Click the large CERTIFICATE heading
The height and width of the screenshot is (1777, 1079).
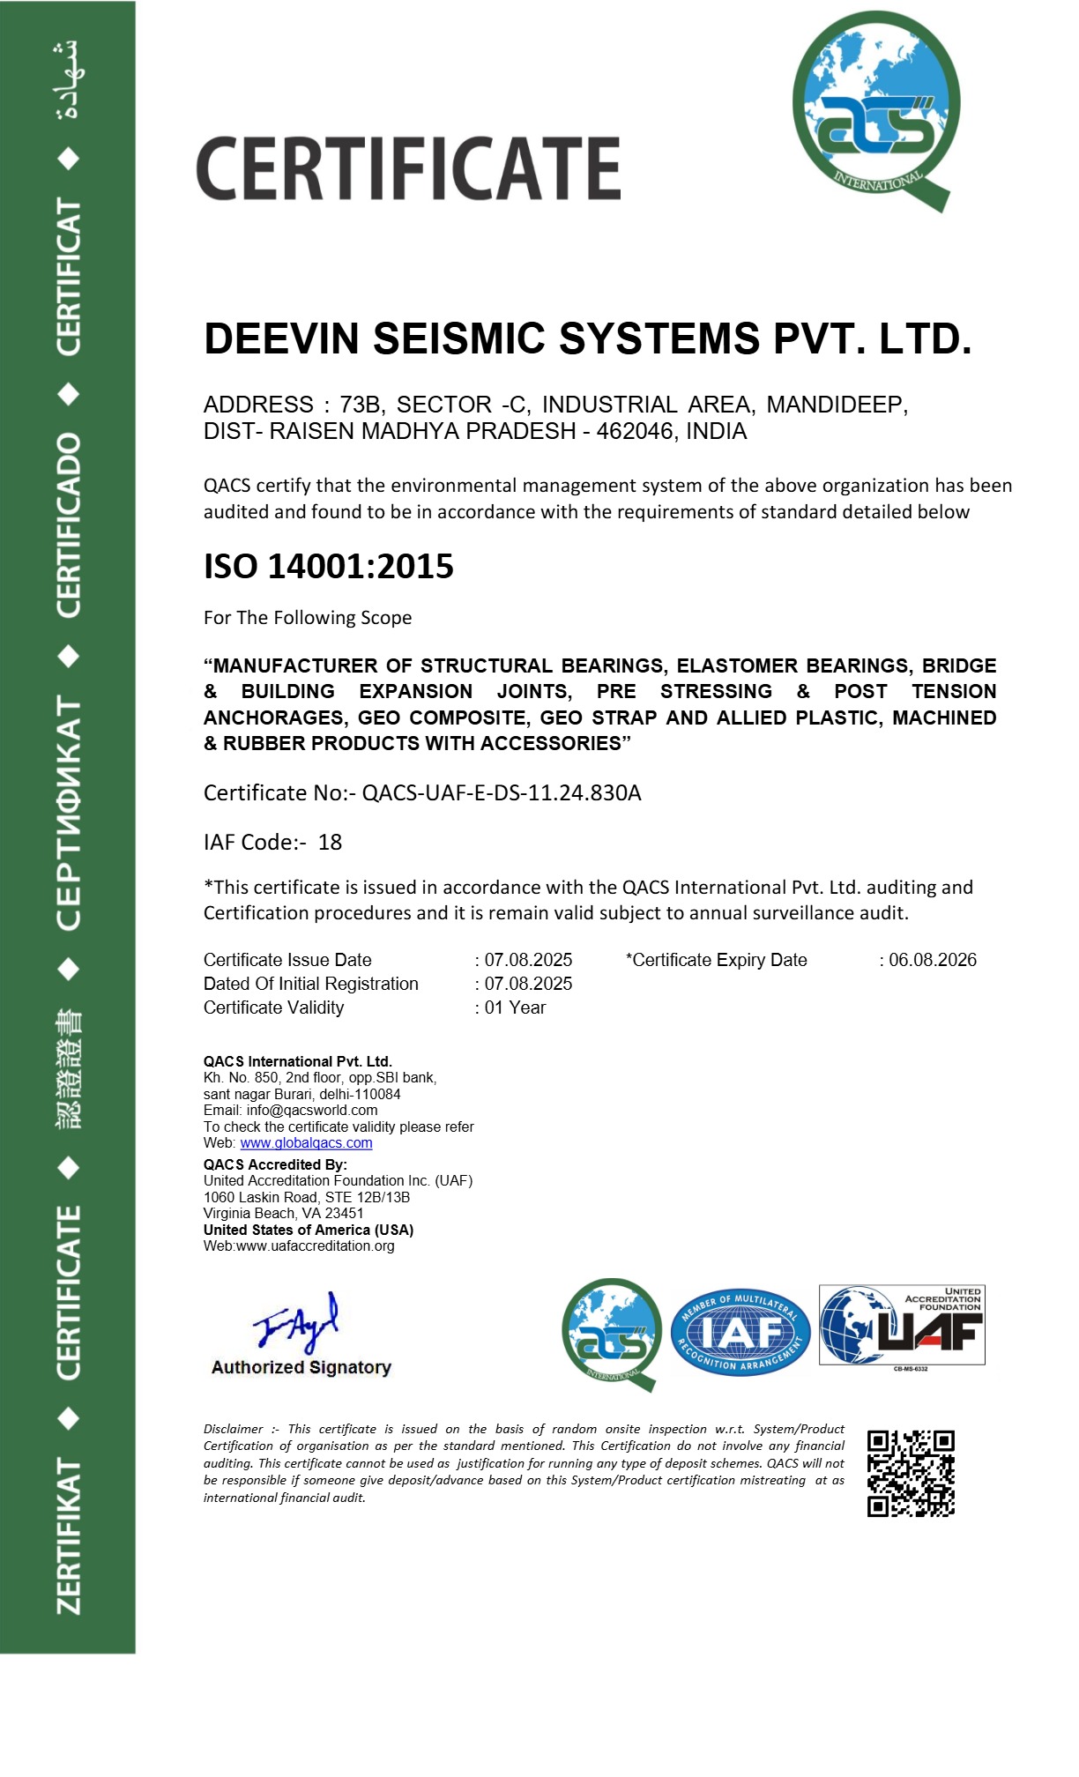[x=408, y=168]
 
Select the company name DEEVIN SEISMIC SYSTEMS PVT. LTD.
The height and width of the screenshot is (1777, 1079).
[x=587, y=339]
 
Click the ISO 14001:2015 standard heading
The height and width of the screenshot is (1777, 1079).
[x=329, y=567]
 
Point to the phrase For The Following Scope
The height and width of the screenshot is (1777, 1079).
[x=308, y=618]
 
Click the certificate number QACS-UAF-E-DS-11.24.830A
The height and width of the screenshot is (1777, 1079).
[x=502, y=793]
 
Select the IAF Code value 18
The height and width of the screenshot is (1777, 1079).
[x=330, y=843]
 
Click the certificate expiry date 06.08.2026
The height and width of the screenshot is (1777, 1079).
[x=932, y=960]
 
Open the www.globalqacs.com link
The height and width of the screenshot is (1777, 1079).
[x=306, y=1143]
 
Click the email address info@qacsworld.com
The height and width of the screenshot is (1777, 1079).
[x=312, y=1111]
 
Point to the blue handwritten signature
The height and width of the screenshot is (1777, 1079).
[x=297, y=1322]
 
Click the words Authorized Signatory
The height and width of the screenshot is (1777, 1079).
[x=301, y=1367]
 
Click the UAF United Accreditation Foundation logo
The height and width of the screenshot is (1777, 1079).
[x=902, y=1327]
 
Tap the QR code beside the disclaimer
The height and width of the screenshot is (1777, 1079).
[x=911, y=1473]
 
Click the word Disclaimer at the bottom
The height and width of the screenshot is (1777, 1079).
[x=234, y=1429]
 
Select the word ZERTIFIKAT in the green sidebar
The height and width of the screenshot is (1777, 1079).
[x=69, y=1536]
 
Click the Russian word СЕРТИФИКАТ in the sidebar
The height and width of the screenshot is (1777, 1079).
[x=69, y=812]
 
